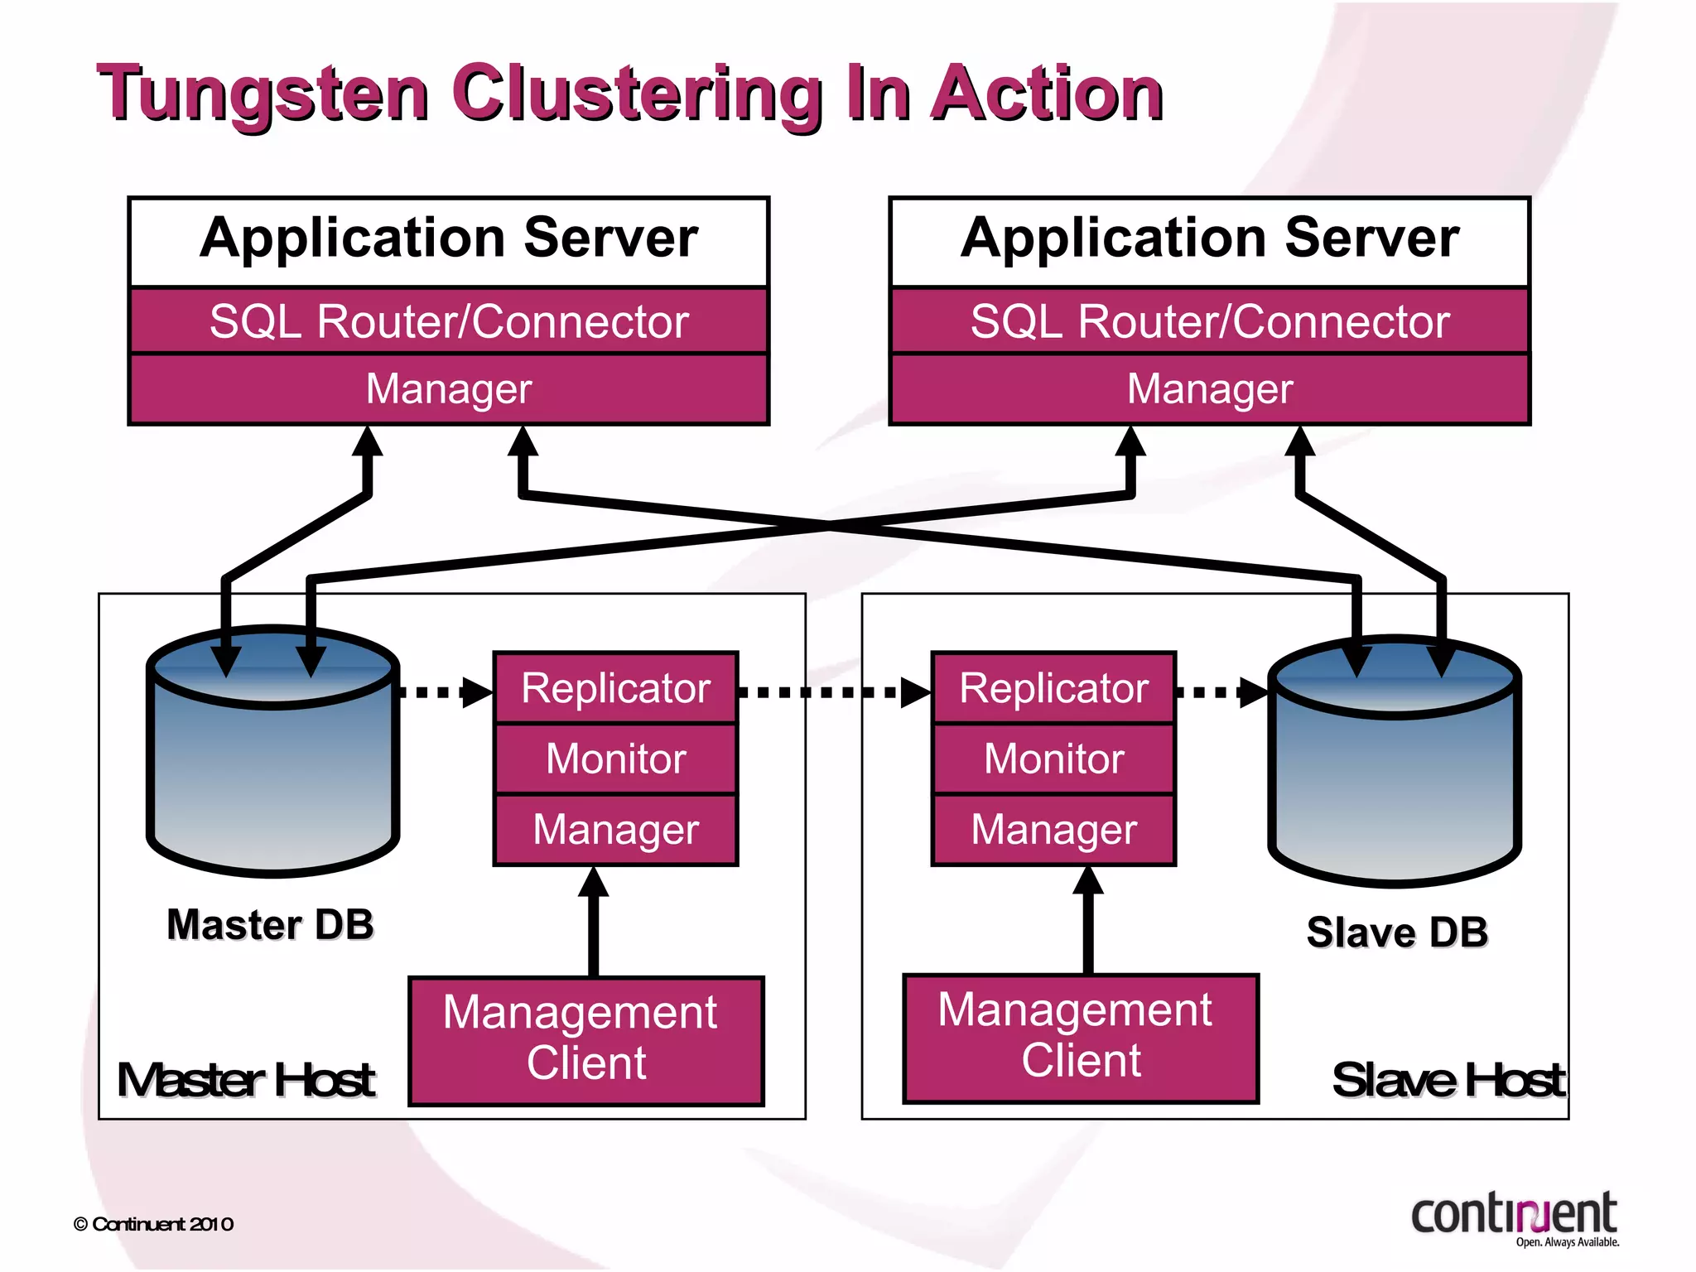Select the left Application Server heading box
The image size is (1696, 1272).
449,240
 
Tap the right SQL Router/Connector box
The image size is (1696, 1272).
1210,321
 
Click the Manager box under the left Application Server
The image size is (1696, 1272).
449,389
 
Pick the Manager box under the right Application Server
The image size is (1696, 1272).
1210,389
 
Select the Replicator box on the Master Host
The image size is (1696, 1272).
615,688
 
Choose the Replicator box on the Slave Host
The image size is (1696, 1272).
1053,688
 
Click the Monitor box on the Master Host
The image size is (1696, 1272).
615,759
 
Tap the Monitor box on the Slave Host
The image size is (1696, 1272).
1053,759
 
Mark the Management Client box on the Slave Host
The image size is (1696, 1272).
1081,1038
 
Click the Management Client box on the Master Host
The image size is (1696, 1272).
586,1040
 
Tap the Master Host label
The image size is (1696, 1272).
246,1080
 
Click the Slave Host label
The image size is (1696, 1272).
1448,1080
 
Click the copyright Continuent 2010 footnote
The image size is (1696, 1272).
154,1224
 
